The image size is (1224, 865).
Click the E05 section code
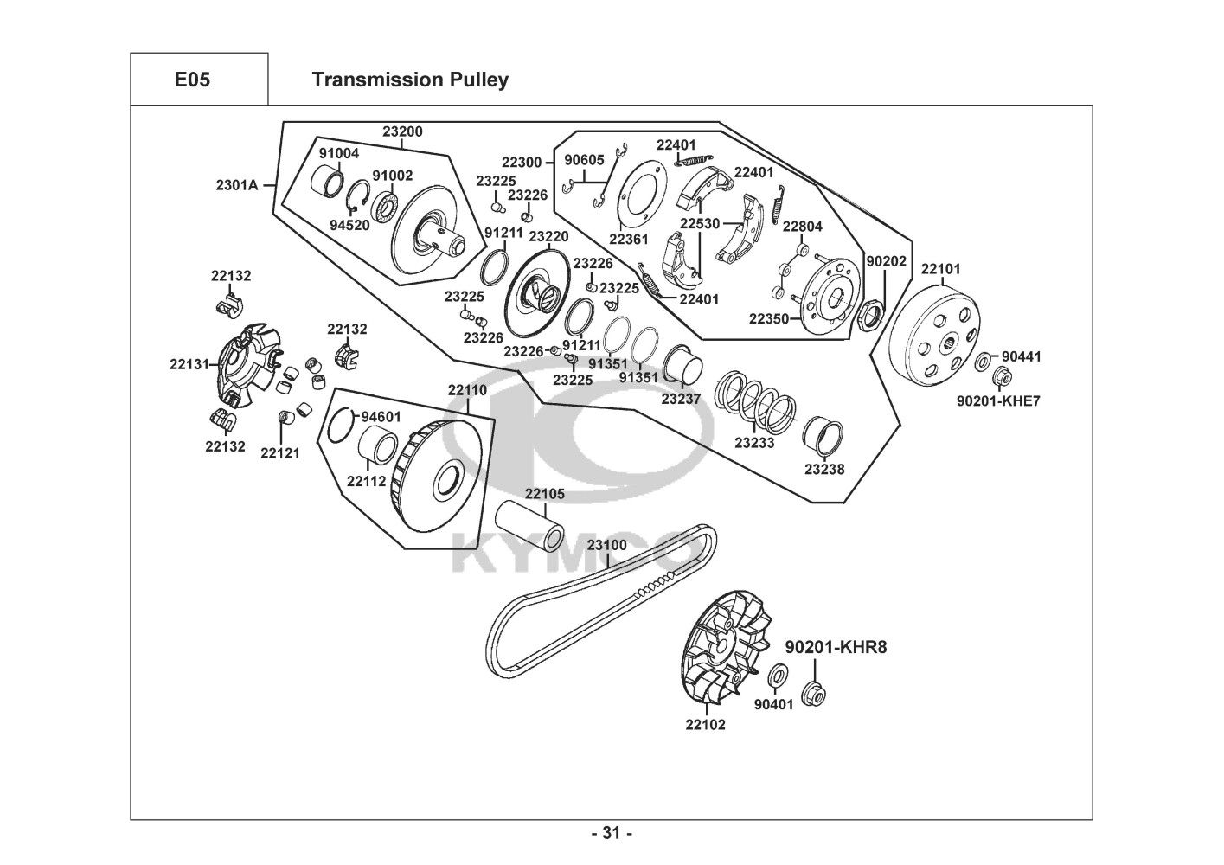point(192,80)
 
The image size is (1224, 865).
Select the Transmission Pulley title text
point(409,80)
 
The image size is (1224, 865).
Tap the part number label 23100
point(606,545)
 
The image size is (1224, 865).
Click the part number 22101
point(940,269)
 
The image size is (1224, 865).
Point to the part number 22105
point(545,493)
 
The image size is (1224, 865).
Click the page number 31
point(611,834)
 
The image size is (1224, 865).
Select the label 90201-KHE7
point(998,400)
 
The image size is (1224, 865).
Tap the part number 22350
point(769,318)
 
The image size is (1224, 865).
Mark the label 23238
point(824,469)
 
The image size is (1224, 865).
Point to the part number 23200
point(403,131)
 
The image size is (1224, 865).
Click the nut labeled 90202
point(870,312)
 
